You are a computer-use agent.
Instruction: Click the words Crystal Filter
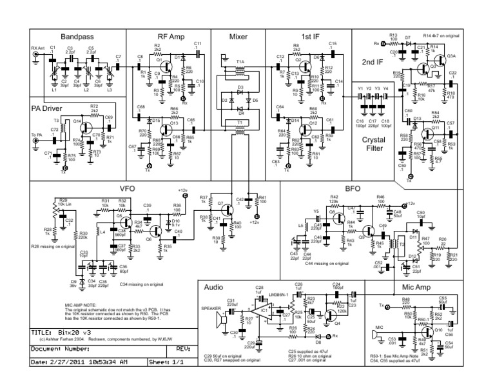point(374,143)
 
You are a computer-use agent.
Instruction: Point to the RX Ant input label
point(39,48)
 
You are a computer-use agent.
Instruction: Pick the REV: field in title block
point(182,348)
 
